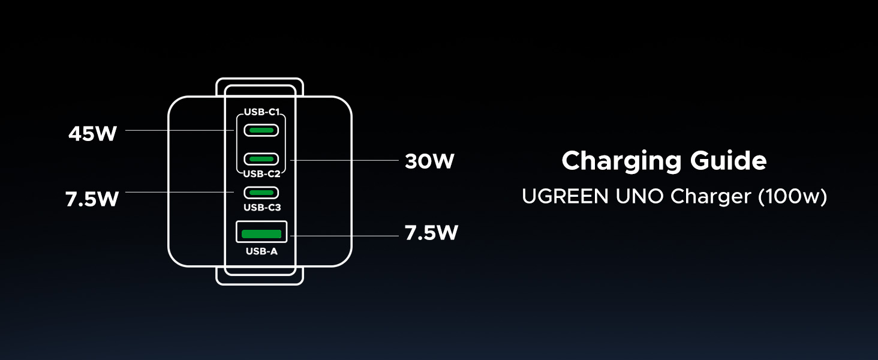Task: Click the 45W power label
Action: coord(92,134)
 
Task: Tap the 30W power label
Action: coord(429,161)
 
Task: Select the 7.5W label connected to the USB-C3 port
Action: coord(92,199)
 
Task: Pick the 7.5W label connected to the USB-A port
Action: coord(431,233)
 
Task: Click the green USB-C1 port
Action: coord(261,130)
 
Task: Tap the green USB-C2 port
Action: coord(261,159)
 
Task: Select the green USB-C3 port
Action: coord(261,193)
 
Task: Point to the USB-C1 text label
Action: coord(261,112)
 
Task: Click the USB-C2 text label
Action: coord(261,174)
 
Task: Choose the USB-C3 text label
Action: coord(261,208)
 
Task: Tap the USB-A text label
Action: coord(261,251)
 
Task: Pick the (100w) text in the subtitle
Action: coord(792,197)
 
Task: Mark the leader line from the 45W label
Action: coord(180,130)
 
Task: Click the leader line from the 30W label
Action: coord(345,160)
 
